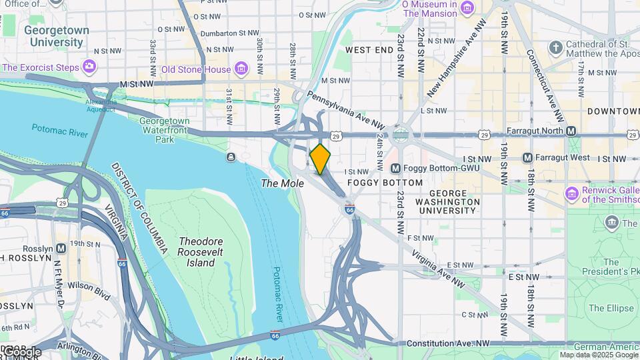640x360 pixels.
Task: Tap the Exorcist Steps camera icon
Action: click(89, 67)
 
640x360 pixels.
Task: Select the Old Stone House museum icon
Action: click(241, 69)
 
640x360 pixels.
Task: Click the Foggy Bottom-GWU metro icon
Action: click(395, 169)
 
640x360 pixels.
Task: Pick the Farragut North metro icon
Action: click(571, 131)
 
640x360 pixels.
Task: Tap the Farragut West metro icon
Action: click(527, 158)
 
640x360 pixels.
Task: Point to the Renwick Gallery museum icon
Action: click(571, 194)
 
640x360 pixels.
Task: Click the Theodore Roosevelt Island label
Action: click(200, 251)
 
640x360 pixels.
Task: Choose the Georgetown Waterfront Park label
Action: click(164, 130)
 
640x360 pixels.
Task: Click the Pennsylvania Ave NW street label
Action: click(346, 111)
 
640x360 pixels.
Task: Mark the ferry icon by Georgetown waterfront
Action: click(231, 157)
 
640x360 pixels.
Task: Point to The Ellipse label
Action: click(610, 308)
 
